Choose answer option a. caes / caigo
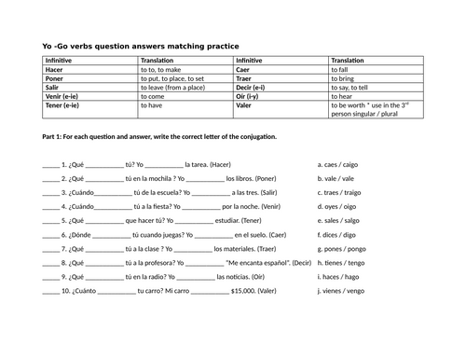339,163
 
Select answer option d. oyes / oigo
339,208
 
